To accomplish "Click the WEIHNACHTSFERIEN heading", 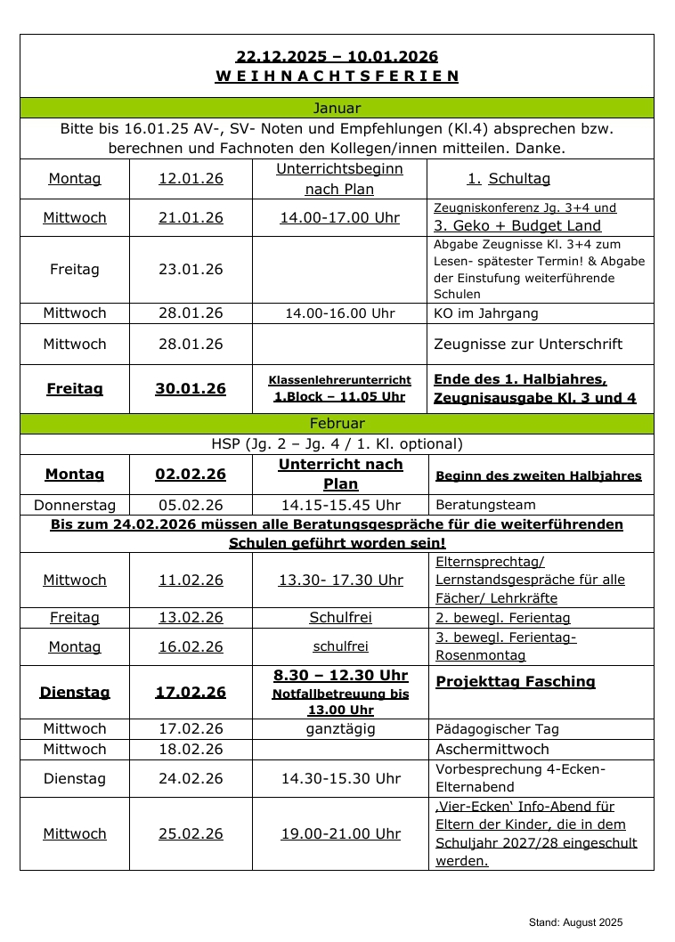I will point(337,77).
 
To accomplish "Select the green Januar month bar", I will point(337,109).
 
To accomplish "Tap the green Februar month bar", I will point(337,424).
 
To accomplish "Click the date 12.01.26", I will point(191,179).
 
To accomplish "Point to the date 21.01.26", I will point(191,218).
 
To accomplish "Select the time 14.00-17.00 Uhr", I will point(339,218).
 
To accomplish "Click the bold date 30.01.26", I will point(191,389).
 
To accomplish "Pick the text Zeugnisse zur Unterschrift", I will point(528,345).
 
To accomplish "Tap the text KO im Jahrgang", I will point(486,313).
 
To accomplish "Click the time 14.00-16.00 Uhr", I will point(339,313).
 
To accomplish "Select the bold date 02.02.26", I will point(191,475).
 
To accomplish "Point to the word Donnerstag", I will point(75,505).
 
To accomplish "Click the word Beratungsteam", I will point(486,505).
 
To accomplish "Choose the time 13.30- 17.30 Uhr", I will point(340,581).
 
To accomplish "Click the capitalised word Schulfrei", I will point(340,618).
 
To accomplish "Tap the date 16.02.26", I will point(191,647).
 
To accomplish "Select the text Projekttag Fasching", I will point(516,682).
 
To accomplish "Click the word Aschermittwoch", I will point(492,750).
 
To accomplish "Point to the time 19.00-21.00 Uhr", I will point(340,834).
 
